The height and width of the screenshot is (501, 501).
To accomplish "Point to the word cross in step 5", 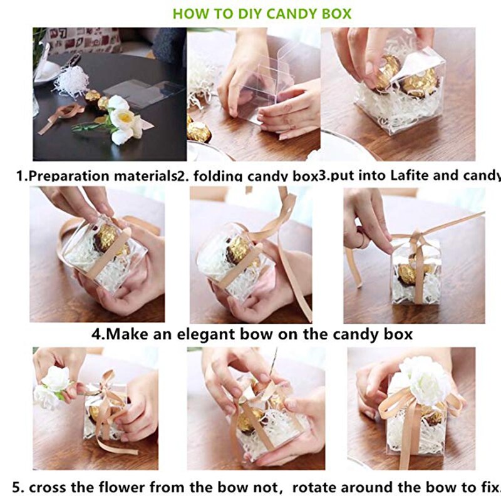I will [46, 486].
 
